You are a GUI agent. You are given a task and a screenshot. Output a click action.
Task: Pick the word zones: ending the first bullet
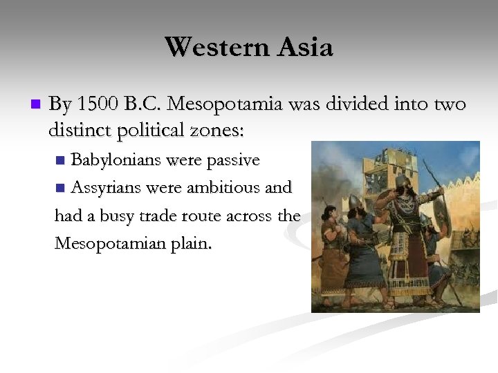click(226, 129)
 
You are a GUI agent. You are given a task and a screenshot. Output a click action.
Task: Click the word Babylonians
click(122, 160)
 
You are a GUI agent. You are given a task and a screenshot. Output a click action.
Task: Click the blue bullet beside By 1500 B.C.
click(36, 104)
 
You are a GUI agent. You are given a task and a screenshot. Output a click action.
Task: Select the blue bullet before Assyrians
click(60, 187)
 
